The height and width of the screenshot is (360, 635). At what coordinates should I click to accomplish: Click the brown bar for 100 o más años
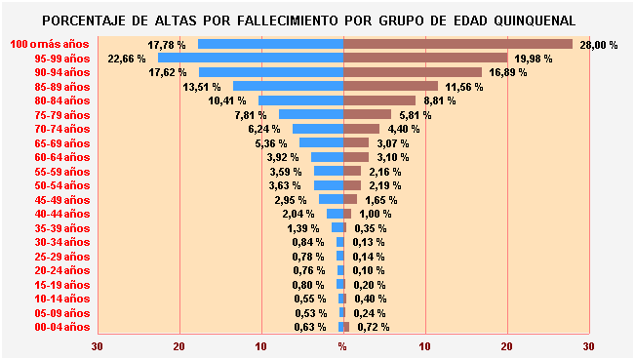click(457, 44)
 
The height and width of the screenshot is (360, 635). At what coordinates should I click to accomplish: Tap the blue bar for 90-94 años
click(271, 72)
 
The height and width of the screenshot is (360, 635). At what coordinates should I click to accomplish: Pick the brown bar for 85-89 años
click(390, 87)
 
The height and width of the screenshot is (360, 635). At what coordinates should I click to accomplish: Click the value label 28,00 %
click(599, 45)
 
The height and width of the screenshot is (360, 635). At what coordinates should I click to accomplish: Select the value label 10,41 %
click(227, 100)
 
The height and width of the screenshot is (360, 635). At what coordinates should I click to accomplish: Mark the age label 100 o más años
click(50, 45)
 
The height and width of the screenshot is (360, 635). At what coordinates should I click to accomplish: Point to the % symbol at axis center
click(342, 346)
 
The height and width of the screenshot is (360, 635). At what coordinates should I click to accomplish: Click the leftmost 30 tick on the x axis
click(98, 346)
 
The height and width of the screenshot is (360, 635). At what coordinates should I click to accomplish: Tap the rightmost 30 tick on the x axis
click(588, 346)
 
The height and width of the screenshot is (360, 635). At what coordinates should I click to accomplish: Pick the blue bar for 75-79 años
click(310, 115)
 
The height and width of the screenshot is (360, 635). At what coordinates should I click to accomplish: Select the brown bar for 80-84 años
click(379, 100)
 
